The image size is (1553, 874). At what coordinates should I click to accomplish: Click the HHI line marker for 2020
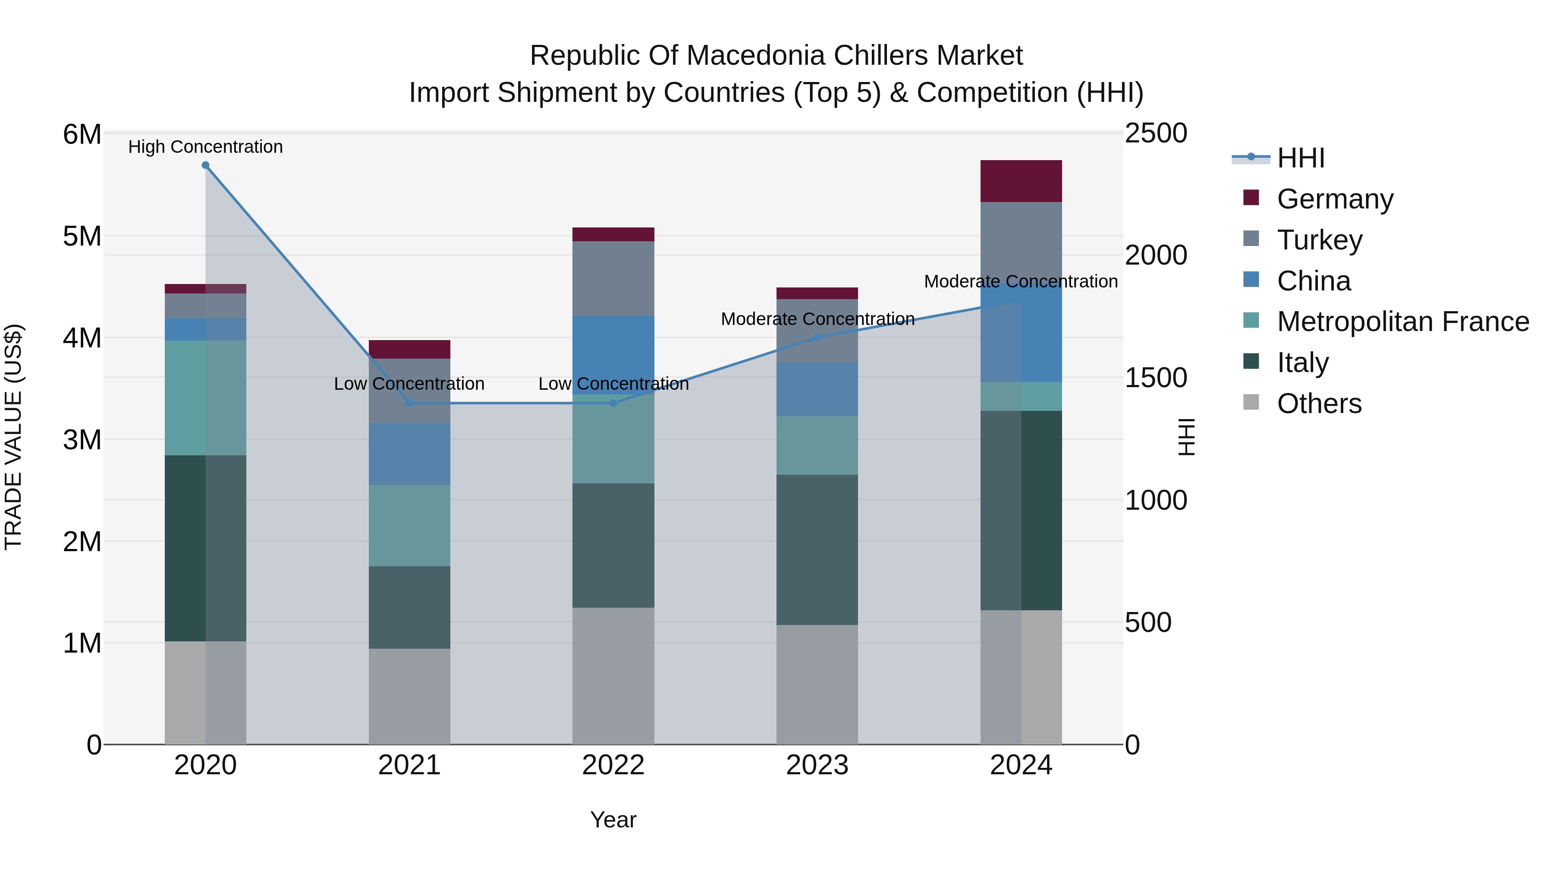coord(206,165)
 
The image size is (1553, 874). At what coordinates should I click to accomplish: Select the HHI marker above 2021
coord(409,403)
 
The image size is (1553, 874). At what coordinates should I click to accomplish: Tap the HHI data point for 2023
coord(817,338)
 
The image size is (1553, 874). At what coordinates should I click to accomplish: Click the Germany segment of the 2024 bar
coord(1021,181)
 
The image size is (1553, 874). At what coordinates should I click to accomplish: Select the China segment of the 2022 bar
coord(613,355)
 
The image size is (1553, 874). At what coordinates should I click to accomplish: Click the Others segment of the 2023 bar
coord(817,684)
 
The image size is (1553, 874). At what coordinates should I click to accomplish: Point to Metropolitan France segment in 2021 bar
coord(409,525)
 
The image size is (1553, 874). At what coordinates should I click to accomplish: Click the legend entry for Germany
coord(1335,199)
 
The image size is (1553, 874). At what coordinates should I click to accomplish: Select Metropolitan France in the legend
coord(1402,322)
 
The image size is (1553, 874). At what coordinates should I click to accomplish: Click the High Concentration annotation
coord(206,147)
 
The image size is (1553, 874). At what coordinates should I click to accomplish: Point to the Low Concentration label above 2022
coord(613,384)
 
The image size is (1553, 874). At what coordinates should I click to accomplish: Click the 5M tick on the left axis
coord(82,237)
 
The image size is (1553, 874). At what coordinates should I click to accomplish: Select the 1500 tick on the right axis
coord(1156,378)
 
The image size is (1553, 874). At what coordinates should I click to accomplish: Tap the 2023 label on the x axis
coord(817,765)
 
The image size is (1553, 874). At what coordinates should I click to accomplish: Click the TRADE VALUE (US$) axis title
coord(13,437)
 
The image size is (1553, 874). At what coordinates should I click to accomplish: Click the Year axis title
coord(613,820)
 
